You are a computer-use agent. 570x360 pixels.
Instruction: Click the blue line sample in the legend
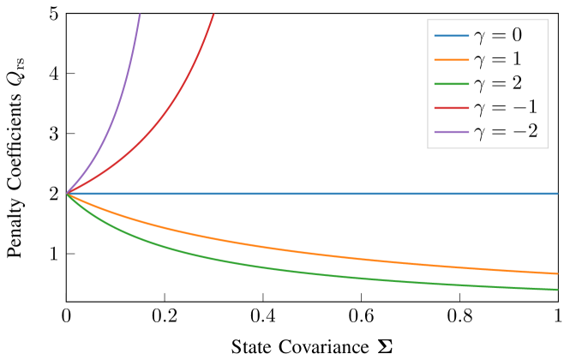click(x=452, y=36)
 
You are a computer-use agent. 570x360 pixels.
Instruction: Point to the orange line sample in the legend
click(x=452, y=60)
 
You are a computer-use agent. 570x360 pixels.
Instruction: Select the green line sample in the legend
click(x=452, y=84)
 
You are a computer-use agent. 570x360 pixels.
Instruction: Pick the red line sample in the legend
click(x=452, y=108)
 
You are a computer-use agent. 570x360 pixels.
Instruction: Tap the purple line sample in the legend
click(x=452, y=132)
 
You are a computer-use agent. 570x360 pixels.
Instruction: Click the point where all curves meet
click(x=68, y=194)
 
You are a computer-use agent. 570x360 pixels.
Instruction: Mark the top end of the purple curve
click(x=140, y=15)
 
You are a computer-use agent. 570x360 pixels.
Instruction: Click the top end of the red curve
click(x=213, y=15)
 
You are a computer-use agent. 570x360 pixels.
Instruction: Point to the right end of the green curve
click(x=557, y=290)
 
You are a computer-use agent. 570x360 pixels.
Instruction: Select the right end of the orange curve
click(x=557, y=273)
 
